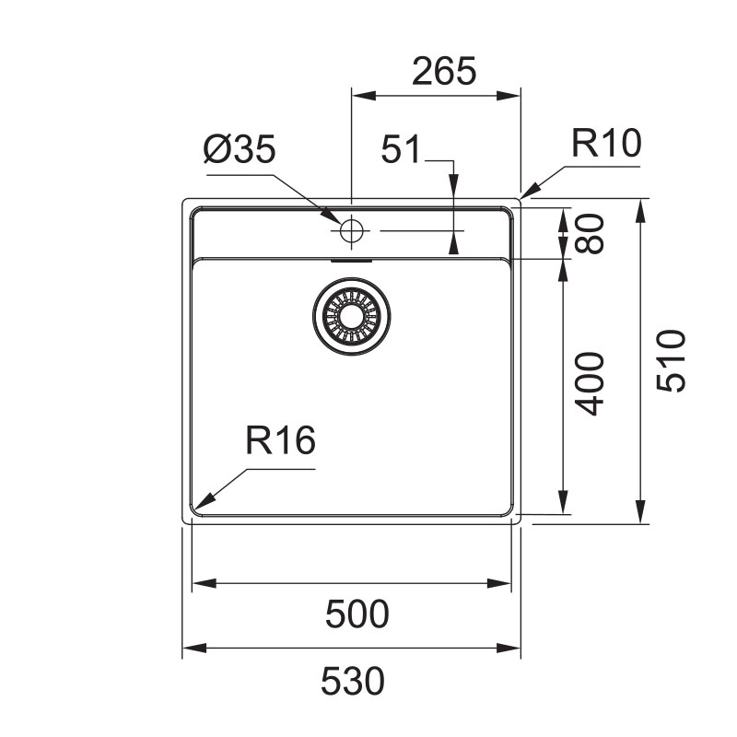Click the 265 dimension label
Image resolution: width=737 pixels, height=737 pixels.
(x=444, y=71)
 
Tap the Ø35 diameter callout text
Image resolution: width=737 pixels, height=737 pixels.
(x=240, y=149)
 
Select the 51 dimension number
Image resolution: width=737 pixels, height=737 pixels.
(x=401, y=149)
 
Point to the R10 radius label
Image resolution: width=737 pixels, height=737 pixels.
(x=606, y=143)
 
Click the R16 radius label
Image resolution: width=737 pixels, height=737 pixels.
(x=281, y=440)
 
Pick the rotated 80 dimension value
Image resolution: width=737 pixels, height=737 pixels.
(x=589, y=234)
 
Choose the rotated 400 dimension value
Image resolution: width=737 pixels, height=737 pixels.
(x=590, y=383)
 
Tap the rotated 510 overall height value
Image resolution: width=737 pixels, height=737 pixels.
(x=671, y=360)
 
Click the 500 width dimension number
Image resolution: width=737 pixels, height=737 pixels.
(x=357, y=614)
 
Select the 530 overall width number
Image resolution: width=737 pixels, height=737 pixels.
(x=353, y=681)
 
